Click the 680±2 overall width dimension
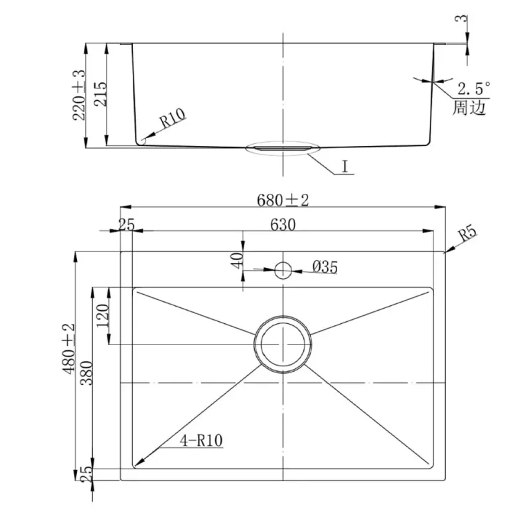tap(283, 200)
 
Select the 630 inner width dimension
tap(283, 224)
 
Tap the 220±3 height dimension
tap(78, 95)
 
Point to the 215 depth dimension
tap(100, 94)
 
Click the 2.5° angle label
tap(474, 89)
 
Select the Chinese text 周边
tap(469, 107)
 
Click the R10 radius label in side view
tap(173, 117)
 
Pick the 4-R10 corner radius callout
tap(201, 441)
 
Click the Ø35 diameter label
tap(325, 267)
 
